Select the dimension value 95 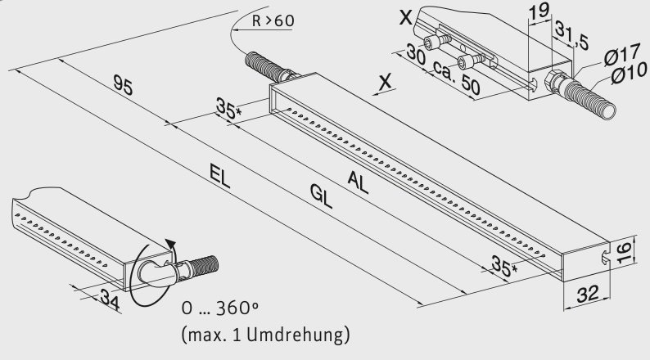pyautogui.click(x=123, y=84)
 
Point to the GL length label pyautogui.click(x=321, y=197)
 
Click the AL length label pyautogui.click(x=358, y=181)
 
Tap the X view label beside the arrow pyautogui.click(x=385, y=80)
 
